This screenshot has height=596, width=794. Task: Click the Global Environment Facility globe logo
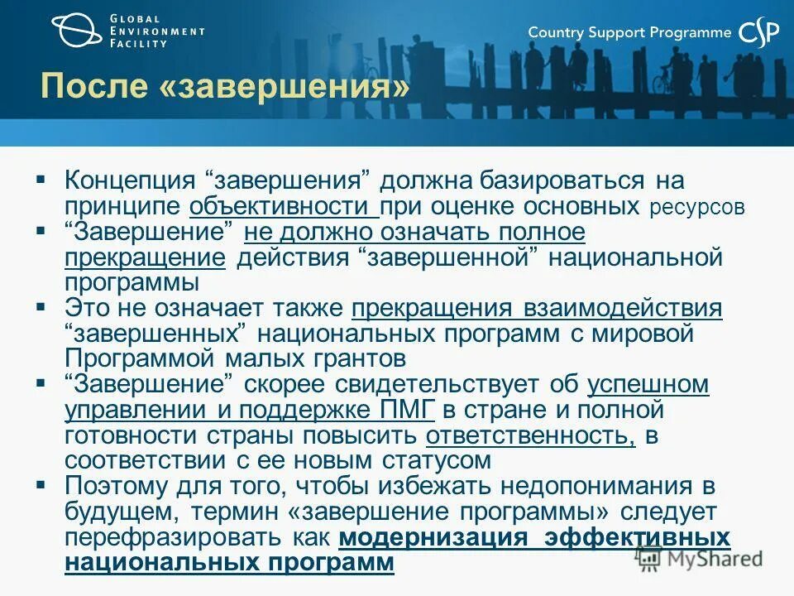coord(79,31)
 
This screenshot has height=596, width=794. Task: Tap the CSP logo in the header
coord(758,32)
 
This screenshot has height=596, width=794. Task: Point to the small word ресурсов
coord(697,207)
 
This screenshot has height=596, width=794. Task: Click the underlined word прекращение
coord(145,257)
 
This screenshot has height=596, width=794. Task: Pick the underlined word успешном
coord(648,384)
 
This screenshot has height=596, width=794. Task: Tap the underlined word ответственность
coord(530,435)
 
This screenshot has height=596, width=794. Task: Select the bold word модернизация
coord(433,538)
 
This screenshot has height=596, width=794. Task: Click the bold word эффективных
coord(638,538)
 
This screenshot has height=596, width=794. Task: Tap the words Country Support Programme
coord(629,32)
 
